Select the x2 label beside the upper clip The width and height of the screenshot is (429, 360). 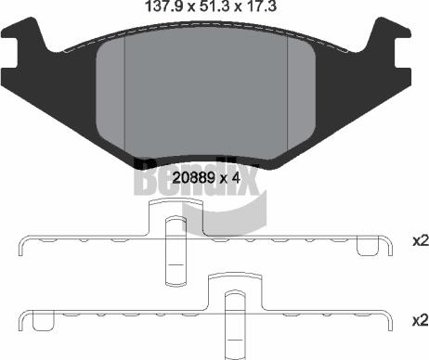click(x=420, y=240)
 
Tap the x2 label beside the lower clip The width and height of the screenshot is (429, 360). click(x=420, y=320)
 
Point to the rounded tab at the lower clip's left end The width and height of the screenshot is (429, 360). click(x=42, y=322)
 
